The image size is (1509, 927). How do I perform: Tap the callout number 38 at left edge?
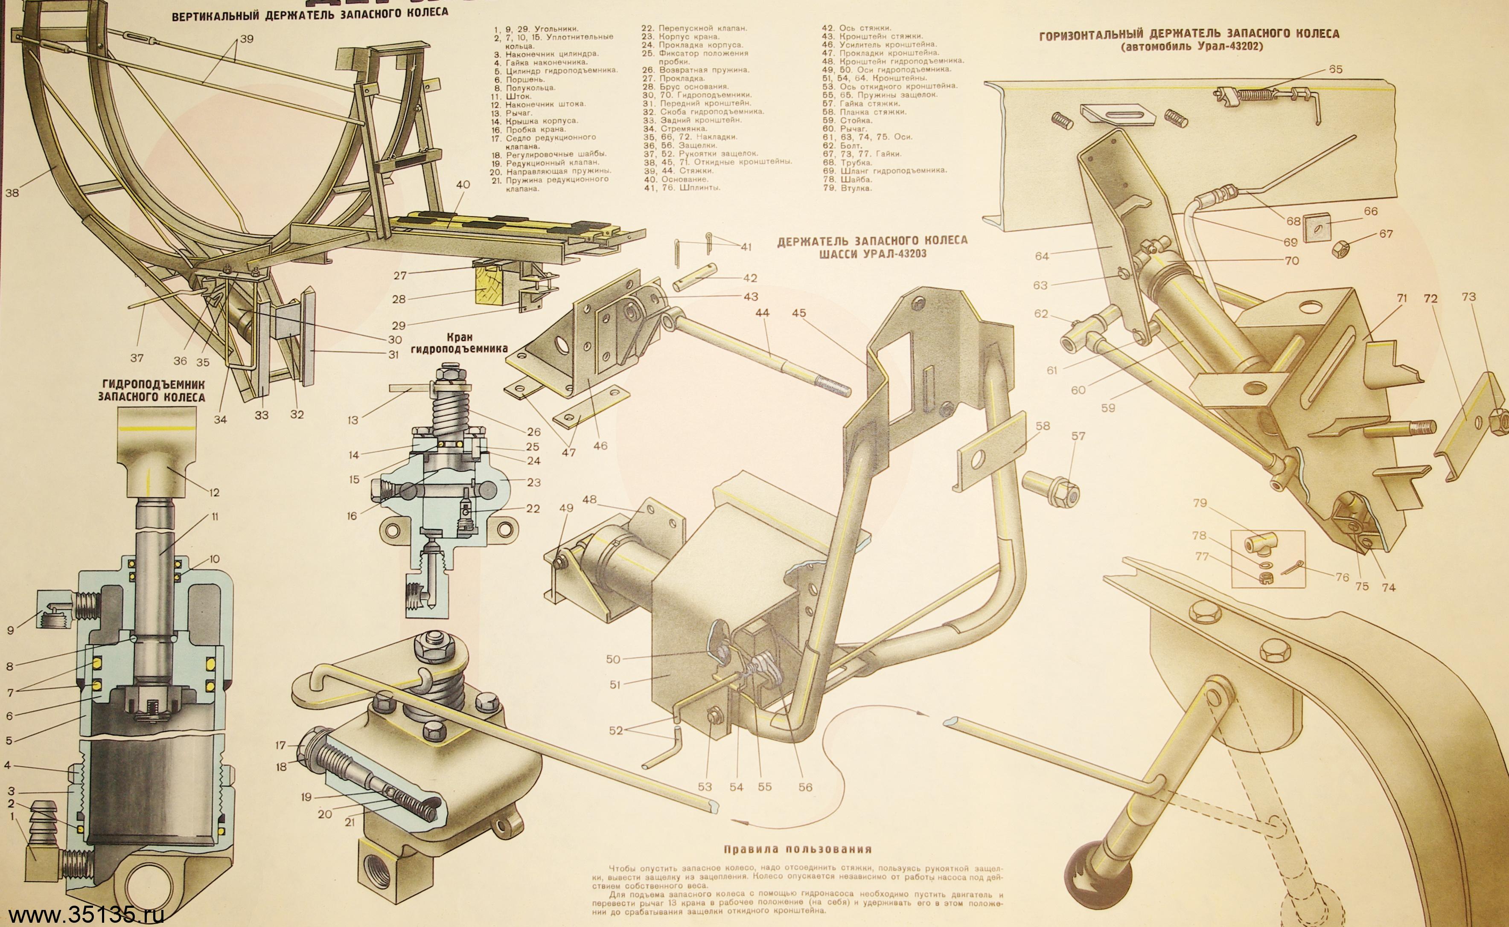pos(12,192)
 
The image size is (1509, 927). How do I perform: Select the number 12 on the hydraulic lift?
pos(213,492)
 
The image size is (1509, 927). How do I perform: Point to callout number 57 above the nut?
pos(1078,436)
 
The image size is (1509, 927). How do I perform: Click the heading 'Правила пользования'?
pos(797,850)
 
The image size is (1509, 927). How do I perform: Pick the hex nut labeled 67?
pos(1344,248)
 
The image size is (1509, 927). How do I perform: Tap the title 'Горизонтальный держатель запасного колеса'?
pos(1189,34)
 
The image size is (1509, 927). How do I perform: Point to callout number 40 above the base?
pos(463,185)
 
